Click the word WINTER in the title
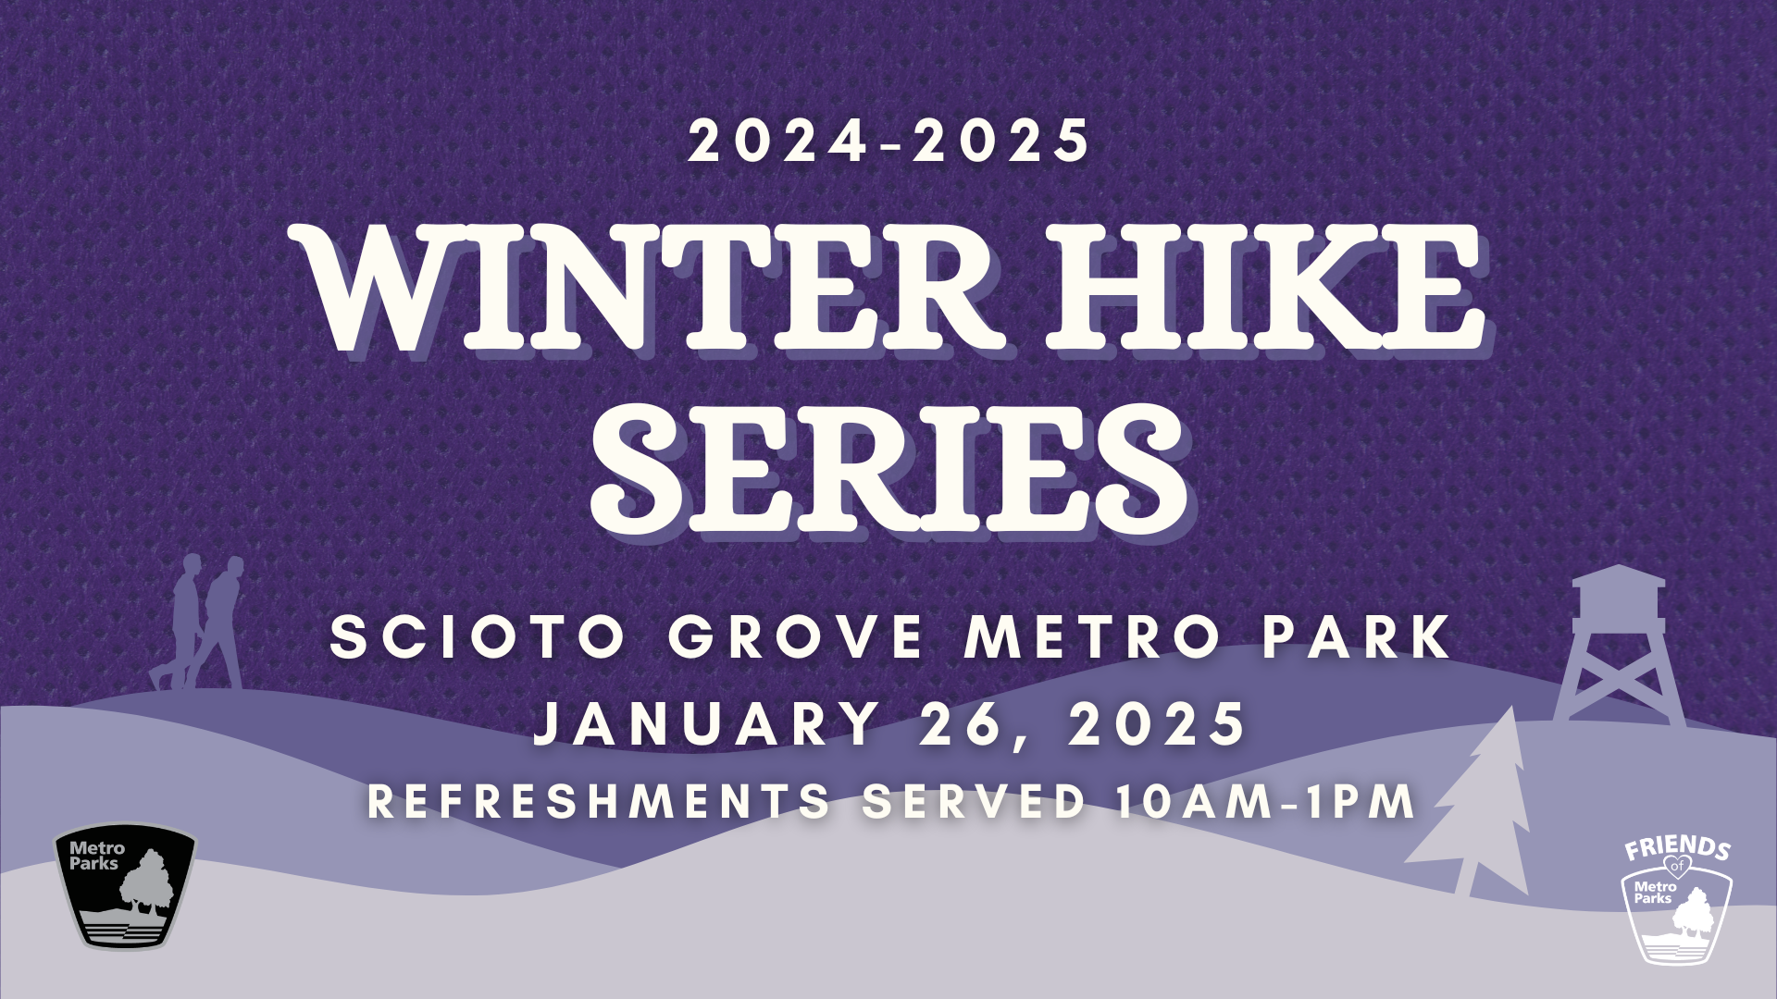click(648, 289)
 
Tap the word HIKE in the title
click(1266, 289)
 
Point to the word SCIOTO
click(478, 637)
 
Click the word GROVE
click(796, 637)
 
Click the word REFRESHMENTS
click(599, 802)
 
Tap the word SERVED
click(975, 802)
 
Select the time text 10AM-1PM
click(1266, 802)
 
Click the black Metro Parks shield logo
click(126, 886)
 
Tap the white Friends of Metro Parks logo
click(1677, 899)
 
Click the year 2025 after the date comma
click(1157, 723)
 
